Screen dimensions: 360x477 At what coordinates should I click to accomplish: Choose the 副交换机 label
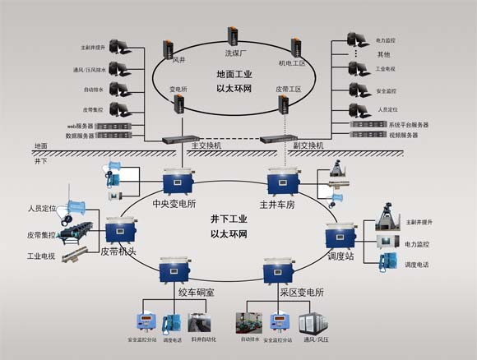pos(308,145)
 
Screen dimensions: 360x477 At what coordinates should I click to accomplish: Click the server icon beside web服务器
pos(113,126)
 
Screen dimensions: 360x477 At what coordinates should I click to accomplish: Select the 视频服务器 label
pos(403,135)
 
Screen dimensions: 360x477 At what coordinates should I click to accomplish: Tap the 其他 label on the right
pos(383,54)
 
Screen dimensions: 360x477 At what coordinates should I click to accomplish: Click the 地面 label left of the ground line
pos(41,145)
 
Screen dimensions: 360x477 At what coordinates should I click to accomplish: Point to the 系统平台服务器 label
pos(408,124)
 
